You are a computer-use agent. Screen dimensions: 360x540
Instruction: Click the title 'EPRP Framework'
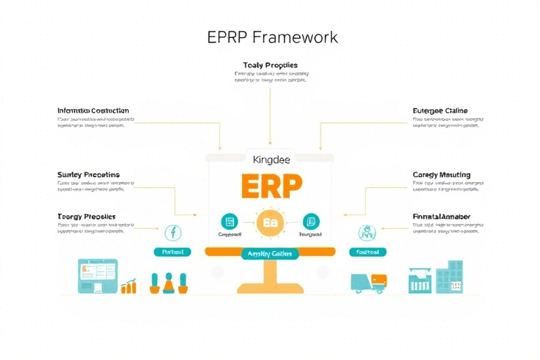coord(272,37)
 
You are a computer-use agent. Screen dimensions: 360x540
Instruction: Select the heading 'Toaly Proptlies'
coord(270,65)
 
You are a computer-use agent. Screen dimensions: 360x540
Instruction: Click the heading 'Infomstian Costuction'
coord(93,111)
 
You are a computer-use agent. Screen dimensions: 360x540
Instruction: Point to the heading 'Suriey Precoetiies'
coord(88,174)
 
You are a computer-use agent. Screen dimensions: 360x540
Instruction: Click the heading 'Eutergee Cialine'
coord(439,111)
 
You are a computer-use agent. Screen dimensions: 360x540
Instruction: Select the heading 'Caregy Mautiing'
coord(441,174)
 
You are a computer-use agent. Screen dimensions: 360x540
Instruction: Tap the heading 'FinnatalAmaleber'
coord(442,217)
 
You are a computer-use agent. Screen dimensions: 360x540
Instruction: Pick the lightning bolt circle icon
coord(172,232)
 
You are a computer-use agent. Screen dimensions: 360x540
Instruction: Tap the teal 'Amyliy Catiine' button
coord(270,253)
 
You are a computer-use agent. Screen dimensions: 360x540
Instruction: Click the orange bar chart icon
coord(129,285)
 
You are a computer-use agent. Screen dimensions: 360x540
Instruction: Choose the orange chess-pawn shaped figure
coord(169,283)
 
